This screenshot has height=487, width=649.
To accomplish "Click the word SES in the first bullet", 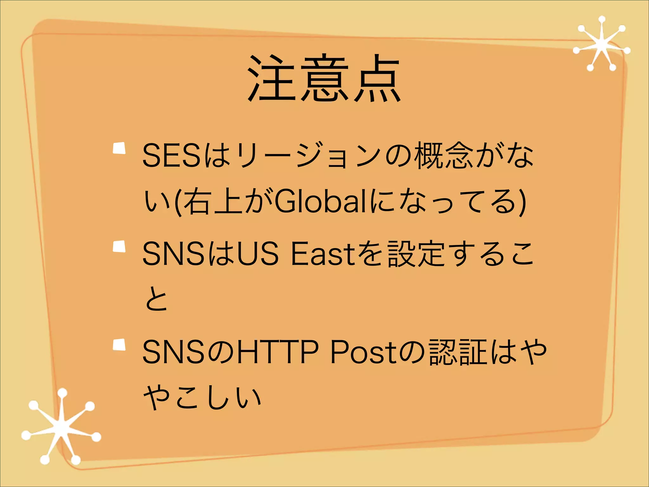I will pyautogui.click(x=171, y=155).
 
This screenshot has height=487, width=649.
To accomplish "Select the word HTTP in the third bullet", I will pyautogui.click(x=278, y=352).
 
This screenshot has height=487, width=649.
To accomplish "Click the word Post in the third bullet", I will pyautogui.click(x=361, y=352).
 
